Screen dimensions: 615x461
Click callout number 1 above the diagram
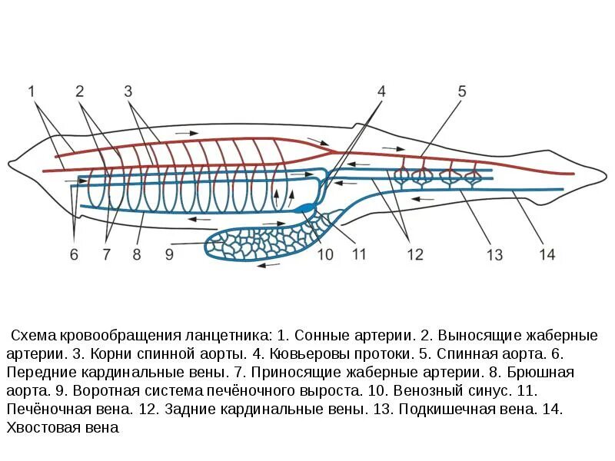pyautogui.click(x=32, y=91)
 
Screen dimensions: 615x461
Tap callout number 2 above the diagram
pyautogui.click(x=79, y=91)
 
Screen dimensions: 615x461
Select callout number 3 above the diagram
pyautogui.click(x=128, y=91)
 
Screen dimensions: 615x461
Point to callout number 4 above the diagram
pyautogui.click(x=381, y=91)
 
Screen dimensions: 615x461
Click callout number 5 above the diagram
pyautogui.click(x=462, y=91)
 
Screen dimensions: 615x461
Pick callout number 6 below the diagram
pyautogui.click(x=74, y=254)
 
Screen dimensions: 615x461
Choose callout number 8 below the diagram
pyautogui.click(x=137, y=254)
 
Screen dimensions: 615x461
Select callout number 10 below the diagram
pyautogui.click(x=325, y=254)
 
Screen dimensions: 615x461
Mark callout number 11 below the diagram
pyautogui.click(x=359, y=254)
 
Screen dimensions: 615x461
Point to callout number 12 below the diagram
pyautogui.click(x=415, y=254)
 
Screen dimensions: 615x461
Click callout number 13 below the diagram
pyautogui.click(x=494, y=254)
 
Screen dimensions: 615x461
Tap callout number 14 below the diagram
pyautogui.click(x=547, y=254)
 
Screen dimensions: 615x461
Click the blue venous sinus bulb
pyautogui.click(x=306, y=207)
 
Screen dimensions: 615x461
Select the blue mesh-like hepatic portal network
pyautogui.click(x=254, y=240)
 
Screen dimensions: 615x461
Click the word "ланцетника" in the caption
pyautogui.click(x=231, y=337)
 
